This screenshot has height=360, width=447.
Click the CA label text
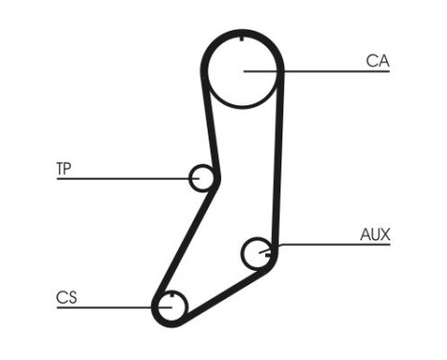coord(376,61)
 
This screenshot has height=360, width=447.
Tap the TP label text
coord(64,169)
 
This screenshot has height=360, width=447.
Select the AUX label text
coord(375,234)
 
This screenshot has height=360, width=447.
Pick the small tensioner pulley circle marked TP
coord(202,177)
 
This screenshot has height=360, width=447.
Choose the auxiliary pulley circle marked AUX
coord(257,253)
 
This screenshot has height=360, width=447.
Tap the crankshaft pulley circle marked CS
coord(170,306)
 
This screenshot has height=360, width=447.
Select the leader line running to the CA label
coord(316,70)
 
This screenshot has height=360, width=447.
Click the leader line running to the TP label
coord(124,178)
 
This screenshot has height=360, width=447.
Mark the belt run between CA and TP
coord(208,124)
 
